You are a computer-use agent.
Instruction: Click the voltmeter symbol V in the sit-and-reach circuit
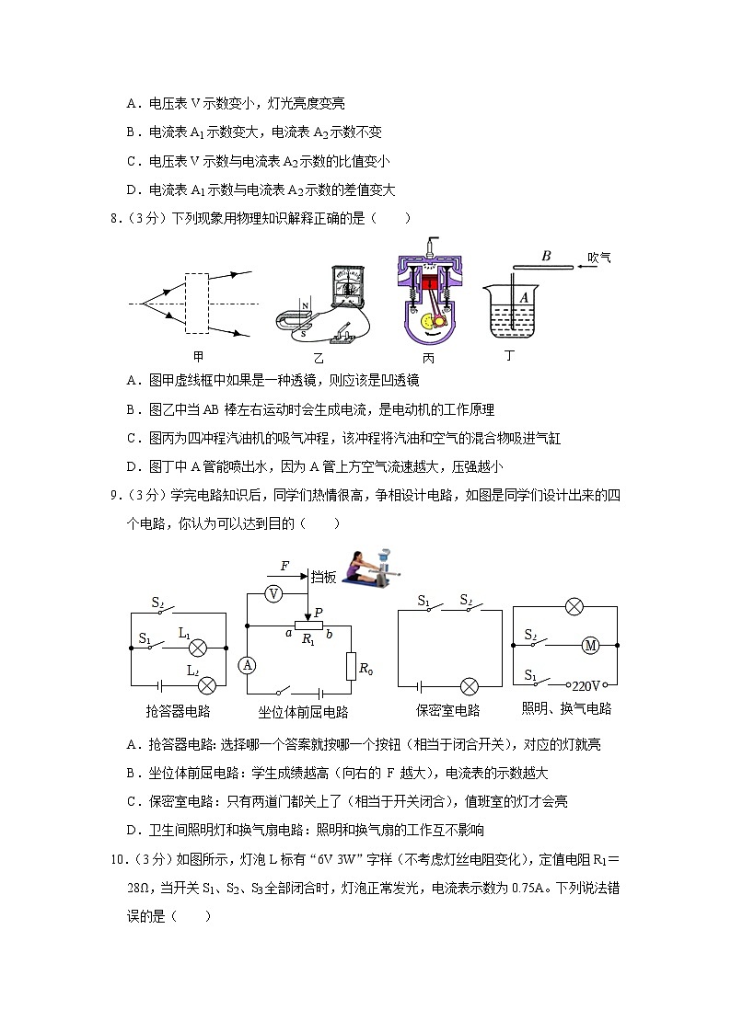tap(273, 594)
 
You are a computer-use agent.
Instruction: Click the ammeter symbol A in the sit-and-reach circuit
tap(246, 664)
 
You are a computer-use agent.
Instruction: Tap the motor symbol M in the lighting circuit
tap(590, 646)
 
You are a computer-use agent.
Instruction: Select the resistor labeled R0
tap(351, 666)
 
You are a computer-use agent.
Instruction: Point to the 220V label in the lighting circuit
tap(586, 686)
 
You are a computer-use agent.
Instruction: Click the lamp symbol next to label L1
tap(196, 647)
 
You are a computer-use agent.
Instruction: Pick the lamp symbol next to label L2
tap(208, 684)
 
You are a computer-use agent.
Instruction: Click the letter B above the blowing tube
tap(546, 257)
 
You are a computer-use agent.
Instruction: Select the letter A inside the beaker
tap(524, 297)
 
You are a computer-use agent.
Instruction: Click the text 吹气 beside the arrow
tap(599, 258)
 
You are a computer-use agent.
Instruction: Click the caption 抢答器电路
tap(178, 711)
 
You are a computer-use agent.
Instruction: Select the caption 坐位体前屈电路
tap(304, 712)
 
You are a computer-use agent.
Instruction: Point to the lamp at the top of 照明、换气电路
tap(574, 606)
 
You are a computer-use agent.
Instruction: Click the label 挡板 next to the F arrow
tap(323, 577)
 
